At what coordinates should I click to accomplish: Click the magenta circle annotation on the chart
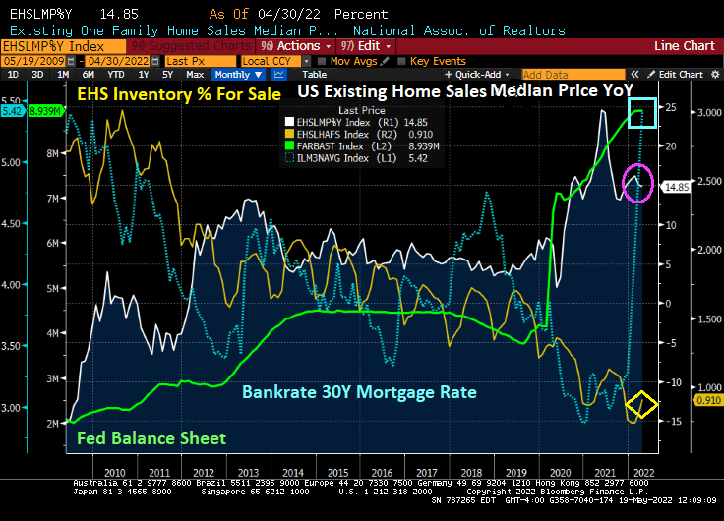tap(638, 183)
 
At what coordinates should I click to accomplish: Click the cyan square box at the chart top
tap(642, 116)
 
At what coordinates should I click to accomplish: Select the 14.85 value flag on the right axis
tap(673, 186)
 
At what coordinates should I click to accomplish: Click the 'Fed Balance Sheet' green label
tap(151, 438)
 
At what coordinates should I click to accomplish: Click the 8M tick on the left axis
tap(53, 152)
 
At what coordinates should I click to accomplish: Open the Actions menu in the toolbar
tap(298, 46)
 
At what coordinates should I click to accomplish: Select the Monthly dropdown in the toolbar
tap(236, 75)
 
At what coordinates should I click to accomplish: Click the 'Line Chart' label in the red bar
tap(684, 46)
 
